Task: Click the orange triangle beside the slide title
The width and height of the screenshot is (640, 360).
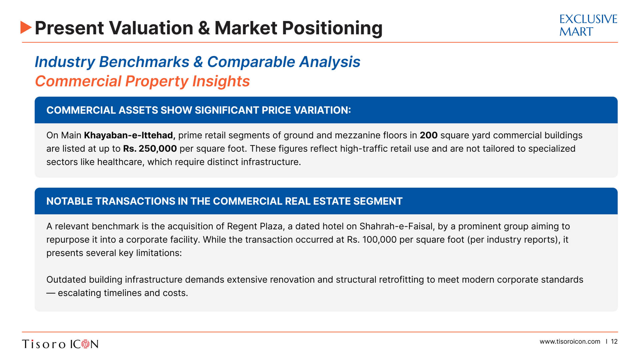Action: coord(26,27)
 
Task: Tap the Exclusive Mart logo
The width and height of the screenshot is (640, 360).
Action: coord(588,25)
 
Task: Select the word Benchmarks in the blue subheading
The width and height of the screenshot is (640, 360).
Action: coord(144,62)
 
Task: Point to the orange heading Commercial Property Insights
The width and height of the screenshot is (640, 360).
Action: coord(142,81)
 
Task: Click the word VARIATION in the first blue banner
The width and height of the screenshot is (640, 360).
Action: coord(322,110)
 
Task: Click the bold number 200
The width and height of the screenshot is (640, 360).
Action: coord(428,135)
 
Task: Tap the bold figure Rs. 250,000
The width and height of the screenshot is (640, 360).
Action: coord(150,149)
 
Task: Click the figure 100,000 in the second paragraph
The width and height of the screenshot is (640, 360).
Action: coord(379,240)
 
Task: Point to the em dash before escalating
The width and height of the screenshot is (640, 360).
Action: coord(51,293)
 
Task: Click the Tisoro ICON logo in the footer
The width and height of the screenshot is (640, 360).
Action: coord(60,344)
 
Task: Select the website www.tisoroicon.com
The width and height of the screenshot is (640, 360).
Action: coord(570,342)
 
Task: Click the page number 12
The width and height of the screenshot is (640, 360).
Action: coord(614,342)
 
